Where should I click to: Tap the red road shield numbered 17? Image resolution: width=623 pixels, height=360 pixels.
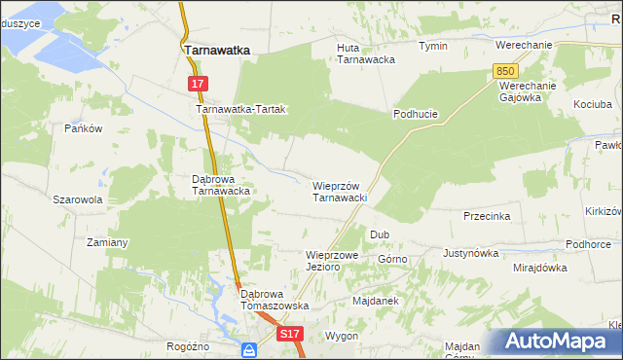pyautogui.click(x=198, y=85)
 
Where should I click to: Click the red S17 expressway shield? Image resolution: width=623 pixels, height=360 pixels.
pyautogui.click(x=291, y=334)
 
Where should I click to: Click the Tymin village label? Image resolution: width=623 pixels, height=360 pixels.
pyautogui.click(x=432, y=46)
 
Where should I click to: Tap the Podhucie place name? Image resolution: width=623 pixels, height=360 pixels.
pyautogui.click(x=416, y=114)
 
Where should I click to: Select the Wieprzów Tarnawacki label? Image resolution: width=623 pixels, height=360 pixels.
pyautogui.click(x=339, y=191)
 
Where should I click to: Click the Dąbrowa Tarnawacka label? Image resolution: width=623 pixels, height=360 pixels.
pyautogui.click(x=222, y=185)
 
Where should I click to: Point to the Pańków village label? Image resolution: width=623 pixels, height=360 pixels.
pyautogui.click(x=83, y=128)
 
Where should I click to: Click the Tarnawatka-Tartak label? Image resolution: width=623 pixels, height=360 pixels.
pyautogui.click(x=240, y=110)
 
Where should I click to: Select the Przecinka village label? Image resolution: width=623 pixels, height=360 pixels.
pyautogui.click(x=487, y=216)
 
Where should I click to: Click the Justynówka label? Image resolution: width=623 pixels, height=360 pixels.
pyautogui.click(x=470, y=253)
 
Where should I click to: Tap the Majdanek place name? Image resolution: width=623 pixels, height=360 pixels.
pyautogui.click(x=377, y=301)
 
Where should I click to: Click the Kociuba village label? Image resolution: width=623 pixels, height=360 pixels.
pyautogui.click(x=593, y=103)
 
